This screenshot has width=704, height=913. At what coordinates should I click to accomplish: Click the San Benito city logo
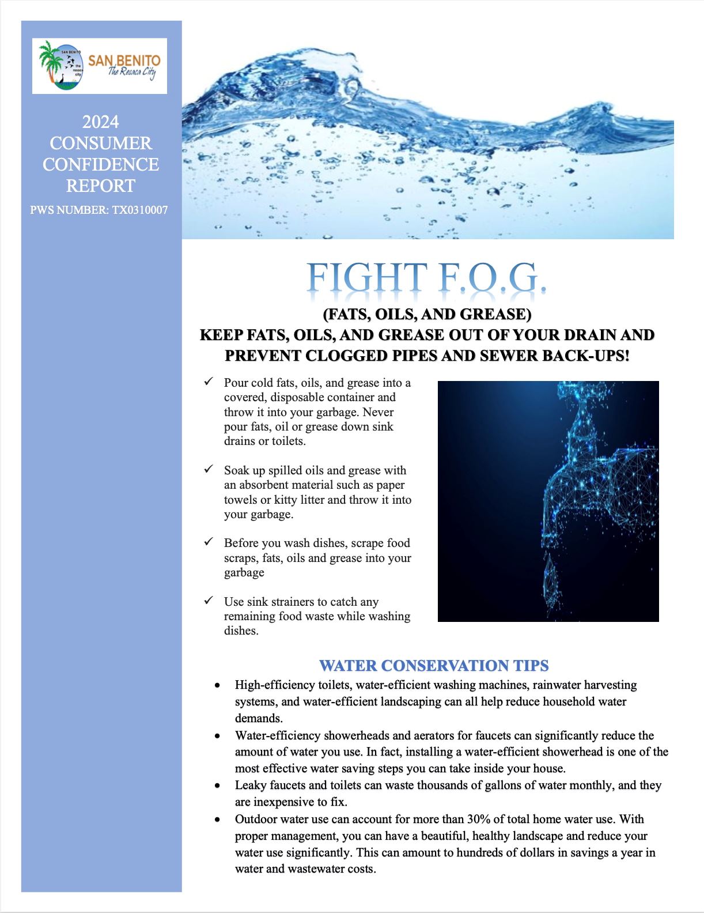coord(100,66)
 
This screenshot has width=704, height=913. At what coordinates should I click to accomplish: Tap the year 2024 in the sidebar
coord(101,122)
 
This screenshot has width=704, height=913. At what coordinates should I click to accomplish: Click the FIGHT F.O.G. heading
coord(427,278)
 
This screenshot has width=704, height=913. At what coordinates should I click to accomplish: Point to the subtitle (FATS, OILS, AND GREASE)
coord(427,314)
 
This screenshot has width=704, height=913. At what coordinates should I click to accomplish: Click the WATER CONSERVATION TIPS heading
coord(434,666)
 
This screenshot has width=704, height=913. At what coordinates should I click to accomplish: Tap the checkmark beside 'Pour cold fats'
coord(209,382)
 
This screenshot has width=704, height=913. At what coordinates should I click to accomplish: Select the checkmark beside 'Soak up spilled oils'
coord(209,469)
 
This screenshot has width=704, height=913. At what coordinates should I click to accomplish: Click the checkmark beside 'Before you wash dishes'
coord(209,542)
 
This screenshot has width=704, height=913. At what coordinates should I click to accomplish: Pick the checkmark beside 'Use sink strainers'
coord(209,601)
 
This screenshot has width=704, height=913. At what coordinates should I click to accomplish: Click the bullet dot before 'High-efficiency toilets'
coord(217,686)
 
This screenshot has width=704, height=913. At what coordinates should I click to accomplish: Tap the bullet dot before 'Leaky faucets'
coord(217,786)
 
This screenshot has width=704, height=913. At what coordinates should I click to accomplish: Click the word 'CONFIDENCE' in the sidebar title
coord(101,164)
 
